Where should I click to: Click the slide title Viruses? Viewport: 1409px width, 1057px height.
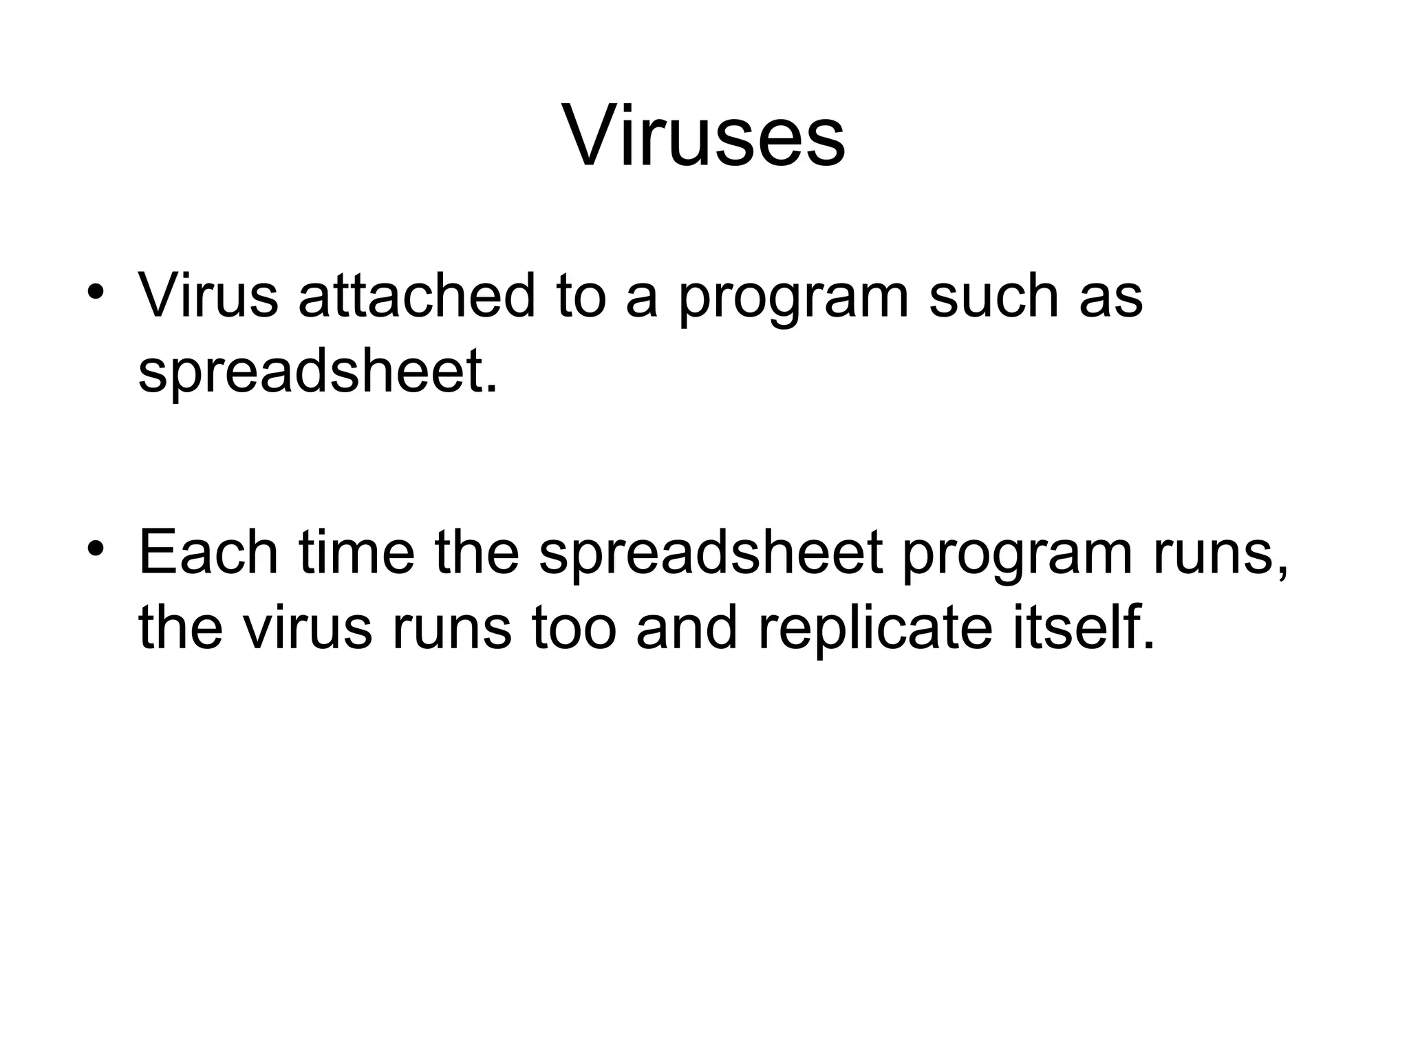tap(704, 136)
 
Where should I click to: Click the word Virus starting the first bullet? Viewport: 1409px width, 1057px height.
tap(208, 296)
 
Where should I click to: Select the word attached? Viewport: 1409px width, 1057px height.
tap(416, 296)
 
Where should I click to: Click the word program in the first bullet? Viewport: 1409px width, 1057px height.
tap(793, 303)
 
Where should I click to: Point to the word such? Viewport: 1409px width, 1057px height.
tap(992, 296)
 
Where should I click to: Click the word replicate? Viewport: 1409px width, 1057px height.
tap(876, 630)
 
